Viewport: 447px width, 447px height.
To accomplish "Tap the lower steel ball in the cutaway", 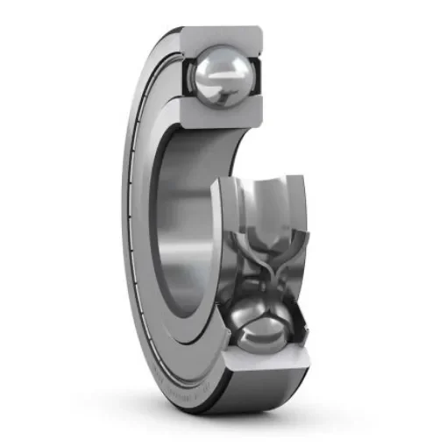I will pyautogui.click(x=262, y=326).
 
